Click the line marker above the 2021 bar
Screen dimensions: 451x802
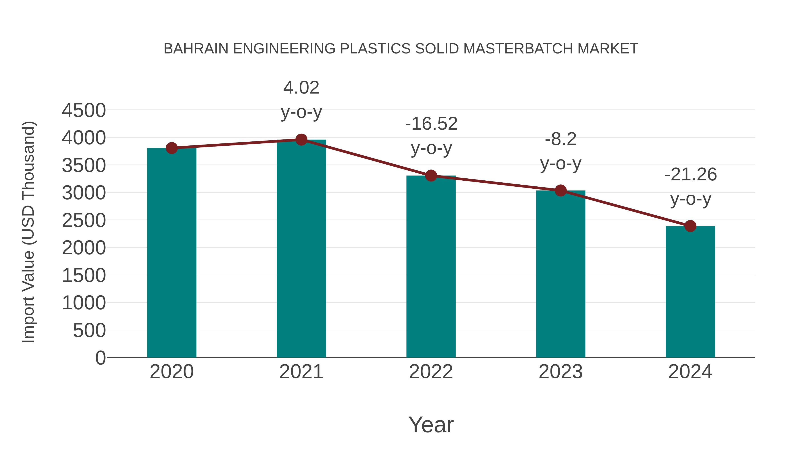(x=301, y=140)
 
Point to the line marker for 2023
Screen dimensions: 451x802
(x=561, y=190)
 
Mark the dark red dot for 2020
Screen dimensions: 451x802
(x=172, y=148)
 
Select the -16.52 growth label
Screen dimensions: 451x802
(x=431, y=124)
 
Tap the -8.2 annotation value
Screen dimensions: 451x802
(x=561, y=139)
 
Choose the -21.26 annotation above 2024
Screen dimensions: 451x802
(x=691, y=174)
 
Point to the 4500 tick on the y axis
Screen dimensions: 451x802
(x=84, y=110)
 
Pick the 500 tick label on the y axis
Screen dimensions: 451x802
(x=89, y=330)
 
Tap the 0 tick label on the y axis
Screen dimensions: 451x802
(x=100, y=358)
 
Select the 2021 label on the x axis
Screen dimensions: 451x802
(x=301, y=372)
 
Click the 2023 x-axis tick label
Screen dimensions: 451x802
(x=561, y=372)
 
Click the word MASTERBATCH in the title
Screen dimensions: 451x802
(x=518, y=49)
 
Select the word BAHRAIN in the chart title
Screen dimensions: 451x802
(x=196, y=49)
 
